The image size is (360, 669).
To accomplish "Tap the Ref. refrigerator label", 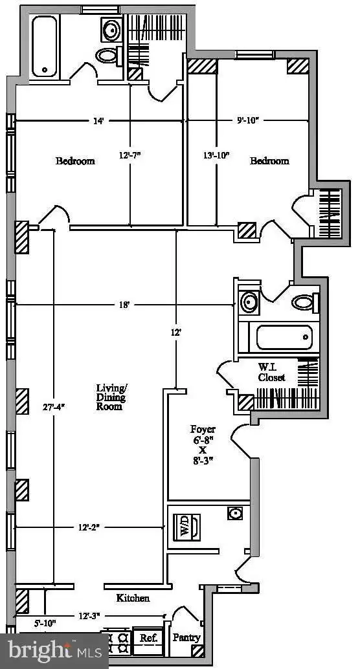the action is point(149,639).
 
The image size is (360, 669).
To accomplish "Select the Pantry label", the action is point(186,637).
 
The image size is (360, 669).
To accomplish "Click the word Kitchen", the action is point(133,598).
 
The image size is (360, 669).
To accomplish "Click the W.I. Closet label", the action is point(271,372).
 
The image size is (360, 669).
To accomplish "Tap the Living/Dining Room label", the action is point(111,397).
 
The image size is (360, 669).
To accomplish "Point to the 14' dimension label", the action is point(98,121).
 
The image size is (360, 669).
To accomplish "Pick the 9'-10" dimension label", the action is point(249,121).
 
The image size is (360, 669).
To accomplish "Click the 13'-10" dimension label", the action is point(216,155).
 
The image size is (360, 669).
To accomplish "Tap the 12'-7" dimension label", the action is point(130,155).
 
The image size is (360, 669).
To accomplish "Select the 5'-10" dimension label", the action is point(45,623).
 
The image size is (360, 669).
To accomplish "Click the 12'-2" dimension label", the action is point(89,527).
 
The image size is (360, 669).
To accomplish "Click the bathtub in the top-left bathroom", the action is point(45,46).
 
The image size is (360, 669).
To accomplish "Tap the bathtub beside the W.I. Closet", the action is point(284,338).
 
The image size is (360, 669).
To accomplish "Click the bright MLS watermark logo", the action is point(54,651).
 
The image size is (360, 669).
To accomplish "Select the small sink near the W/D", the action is point(235,513).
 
